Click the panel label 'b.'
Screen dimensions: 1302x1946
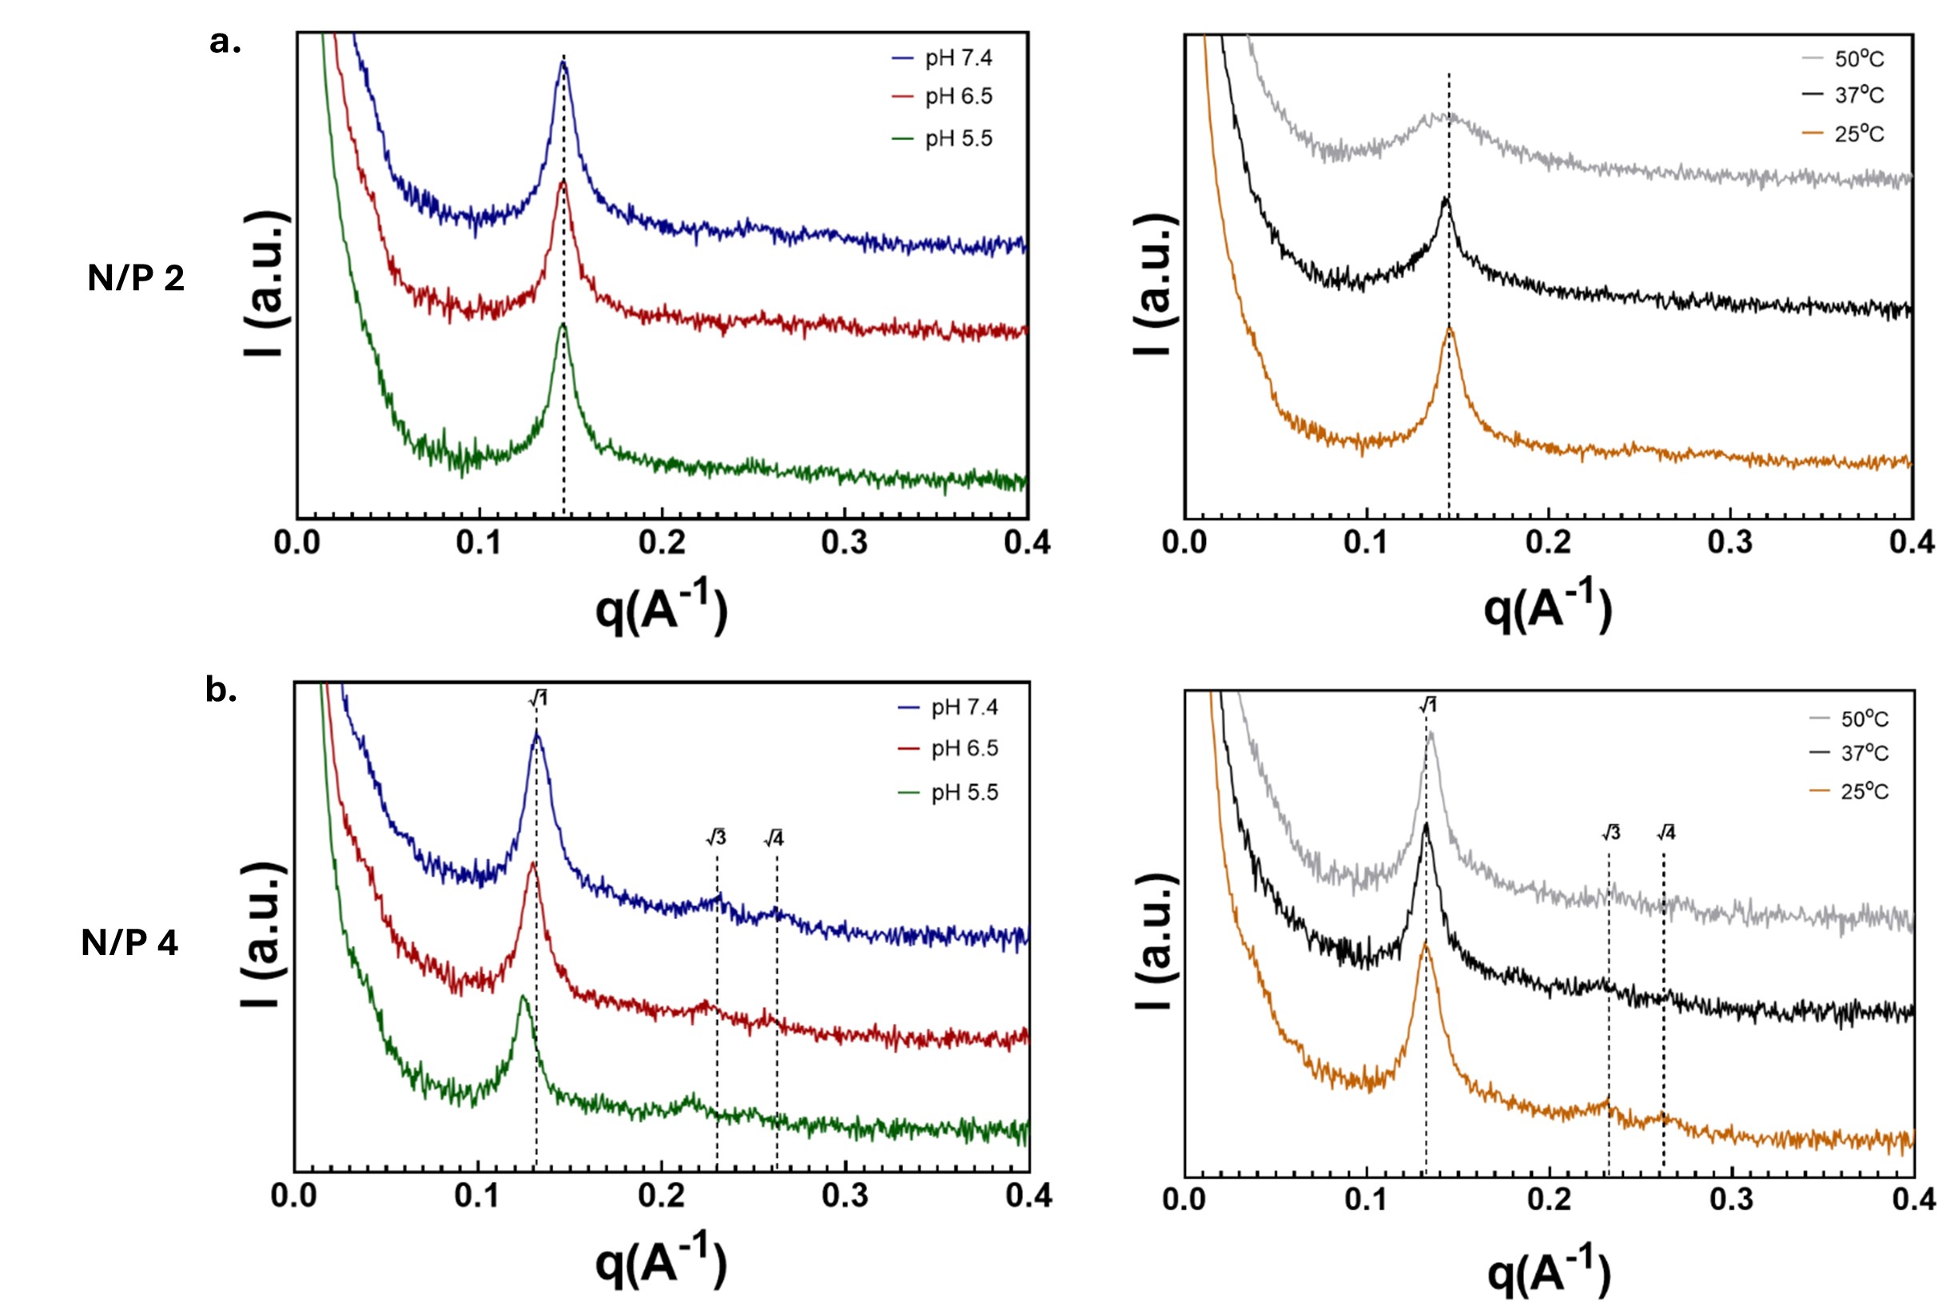tap(221, 690)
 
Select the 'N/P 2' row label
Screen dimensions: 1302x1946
tap(136, 278)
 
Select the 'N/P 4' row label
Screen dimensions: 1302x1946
tap(129, 943)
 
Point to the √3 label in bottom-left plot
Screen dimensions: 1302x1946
tap(715, 838)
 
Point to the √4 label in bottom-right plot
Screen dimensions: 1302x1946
tap(1665, 833)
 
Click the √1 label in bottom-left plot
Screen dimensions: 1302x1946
tap(538, 699)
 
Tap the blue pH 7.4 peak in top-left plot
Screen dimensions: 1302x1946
tap(563, 65)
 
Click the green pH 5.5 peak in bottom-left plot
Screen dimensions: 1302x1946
tap(522, 997)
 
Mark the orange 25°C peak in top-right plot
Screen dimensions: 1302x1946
tap(1450, 328)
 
